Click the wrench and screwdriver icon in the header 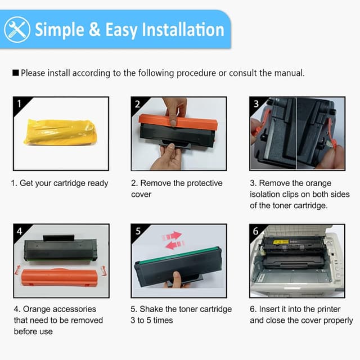pos(17,29)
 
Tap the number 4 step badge pos(19,231)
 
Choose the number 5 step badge pos(138,231)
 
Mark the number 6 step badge pos(256,231)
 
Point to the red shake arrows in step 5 pos(173,240)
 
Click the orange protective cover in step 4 pos(60,278)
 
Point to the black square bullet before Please pos(16,73)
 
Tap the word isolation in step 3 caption pos(268,194)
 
